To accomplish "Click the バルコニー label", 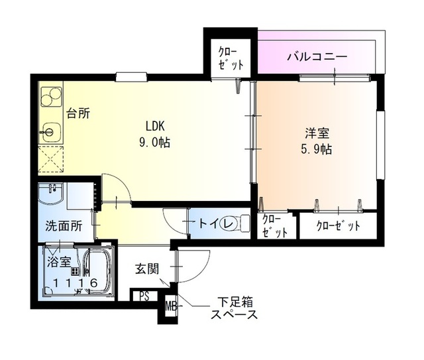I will [x=317, y=57].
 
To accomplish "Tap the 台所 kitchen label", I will [x=78, y=113].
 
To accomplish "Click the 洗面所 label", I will [x=64, y=225].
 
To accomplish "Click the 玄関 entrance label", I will [x=146, y=269].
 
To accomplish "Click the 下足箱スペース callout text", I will [x=233, y=309].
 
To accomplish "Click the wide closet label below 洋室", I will [x=338, y=225].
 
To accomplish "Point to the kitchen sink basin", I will [x=50, y=131].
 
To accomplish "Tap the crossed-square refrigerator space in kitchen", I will [x=50, y=159].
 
